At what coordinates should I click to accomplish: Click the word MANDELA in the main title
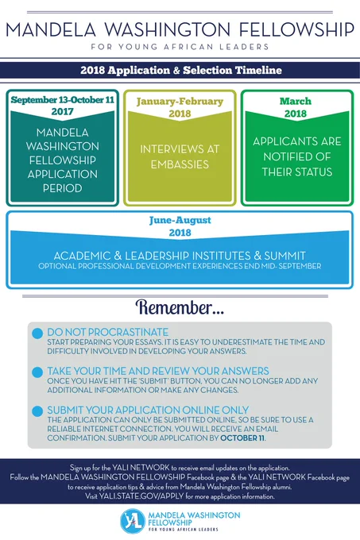tap(51, 29)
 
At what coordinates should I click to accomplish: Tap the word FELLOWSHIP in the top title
tap(296, 29)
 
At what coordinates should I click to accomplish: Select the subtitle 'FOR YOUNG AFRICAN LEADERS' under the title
tap(180, 47)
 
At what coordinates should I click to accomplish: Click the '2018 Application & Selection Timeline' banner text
tap(181, 70)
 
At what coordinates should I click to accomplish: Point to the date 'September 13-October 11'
tap(62, 100)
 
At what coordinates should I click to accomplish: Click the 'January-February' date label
tap(180, 102)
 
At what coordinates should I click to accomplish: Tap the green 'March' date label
tap(296, 101)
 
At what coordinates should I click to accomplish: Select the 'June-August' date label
tap(180, 221)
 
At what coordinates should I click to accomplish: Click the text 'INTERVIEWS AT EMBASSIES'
tap(180, 156)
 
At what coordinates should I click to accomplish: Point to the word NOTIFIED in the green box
tap(297, 156)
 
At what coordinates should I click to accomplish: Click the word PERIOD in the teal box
tap(62, 188)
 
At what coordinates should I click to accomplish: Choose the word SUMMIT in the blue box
tap(285, 256)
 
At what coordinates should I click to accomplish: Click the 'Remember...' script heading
tap(180, 307)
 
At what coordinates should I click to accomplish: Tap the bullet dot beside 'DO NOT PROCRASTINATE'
tap(37, 334)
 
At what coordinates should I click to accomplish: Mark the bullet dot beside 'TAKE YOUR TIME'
tap(37, 372)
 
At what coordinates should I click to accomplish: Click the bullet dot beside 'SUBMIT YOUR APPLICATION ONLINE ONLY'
tap(37, 411)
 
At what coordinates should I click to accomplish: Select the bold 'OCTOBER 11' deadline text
tap(242, 438)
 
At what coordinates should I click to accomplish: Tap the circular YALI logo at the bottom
tap(133, 521)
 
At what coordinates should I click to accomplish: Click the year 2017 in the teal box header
tap(62, 112)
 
